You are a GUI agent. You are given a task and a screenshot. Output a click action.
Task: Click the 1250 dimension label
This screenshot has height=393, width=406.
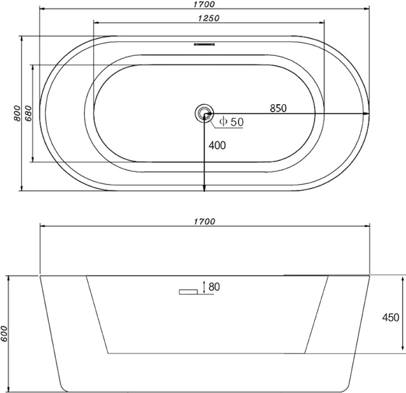pyautogui.click(x=208, y=18)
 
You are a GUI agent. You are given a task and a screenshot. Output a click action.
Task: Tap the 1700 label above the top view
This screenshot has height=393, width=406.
pyautogui.click(x=204, y=4)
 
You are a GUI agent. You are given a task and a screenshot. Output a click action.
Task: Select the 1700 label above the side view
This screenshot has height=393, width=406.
pyautogui.click(x=204, y=222)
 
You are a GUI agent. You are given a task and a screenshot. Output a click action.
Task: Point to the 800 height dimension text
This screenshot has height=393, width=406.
pyautogui.click(x=17, y=113)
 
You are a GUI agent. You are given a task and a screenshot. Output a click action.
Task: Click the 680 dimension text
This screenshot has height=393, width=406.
pyautogui.click(x=28, y=113)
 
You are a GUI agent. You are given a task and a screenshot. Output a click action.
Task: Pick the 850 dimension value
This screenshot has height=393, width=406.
pyautogui.click(x=278, y=108)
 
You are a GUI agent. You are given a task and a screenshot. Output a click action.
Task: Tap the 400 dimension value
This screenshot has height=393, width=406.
pyautogui.click(x=218, y=145)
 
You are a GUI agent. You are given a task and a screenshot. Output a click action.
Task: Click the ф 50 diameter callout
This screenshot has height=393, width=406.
pyautogui.click(x=232, y=121)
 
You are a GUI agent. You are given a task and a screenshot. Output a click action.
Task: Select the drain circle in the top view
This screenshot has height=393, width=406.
pyautogui.click(x=204, y=113)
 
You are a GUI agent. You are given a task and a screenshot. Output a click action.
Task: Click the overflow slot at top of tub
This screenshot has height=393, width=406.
pyautogui.click(x=204, y=44)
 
